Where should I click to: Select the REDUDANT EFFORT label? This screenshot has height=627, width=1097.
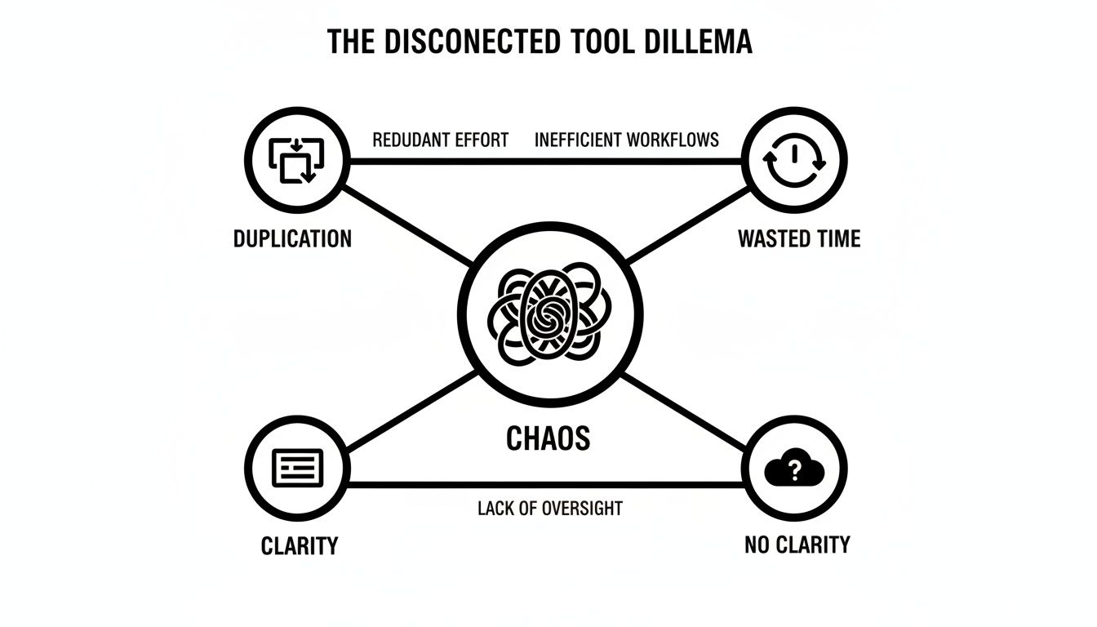point(440,140)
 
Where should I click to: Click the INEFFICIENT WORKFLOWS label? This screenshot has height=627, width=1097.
point(626,140)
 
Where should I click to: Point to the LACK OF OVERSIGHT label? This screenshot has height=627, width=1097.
point(549,509)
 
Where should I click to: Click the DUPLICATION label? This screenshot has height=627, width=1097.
point(292,238)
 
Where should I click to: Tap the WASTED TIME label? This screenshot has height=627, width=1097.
point(798,238)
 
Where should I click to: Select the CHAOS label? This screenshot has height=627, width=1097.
point(548,439)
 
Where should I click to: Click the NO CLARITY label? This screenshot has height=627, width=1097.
point(797,545)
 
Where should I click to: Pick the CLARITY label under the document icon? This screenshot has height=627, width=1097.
point(300,545)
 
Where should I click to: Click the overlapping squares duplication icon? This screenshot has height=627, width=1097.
point(297,160)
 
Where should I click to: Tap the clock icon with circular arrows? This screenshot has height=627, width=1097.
point(794,160)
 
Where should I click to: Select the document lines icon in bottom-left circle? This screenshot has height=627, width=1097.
point(297,468)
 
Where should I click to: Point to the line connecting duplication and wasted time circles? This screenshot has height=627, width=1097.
point(547,162)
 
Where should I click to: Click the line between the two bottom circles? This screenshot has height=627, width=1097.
point(547,485)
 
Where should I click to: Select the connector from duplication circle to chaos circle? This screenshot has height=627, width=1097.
point(408,226)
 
